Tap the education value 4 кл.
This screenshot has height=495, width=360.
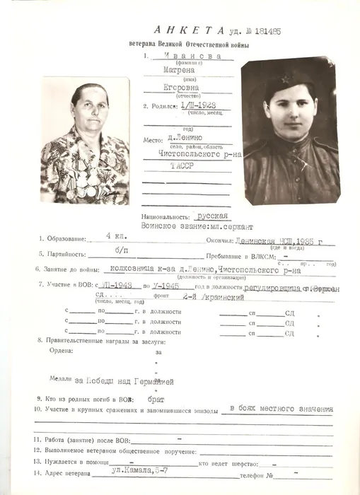click(x=114, y=235)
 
